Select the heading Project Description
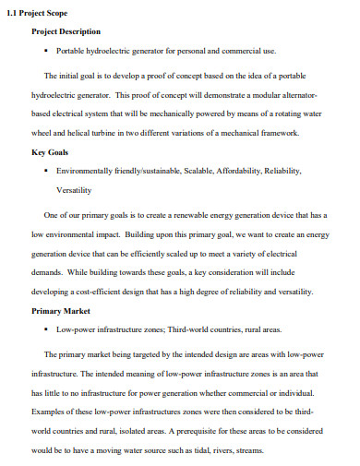coord(66,31)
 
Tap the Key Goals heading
coord(51,152)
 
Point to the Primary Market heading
coord(61,312)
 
